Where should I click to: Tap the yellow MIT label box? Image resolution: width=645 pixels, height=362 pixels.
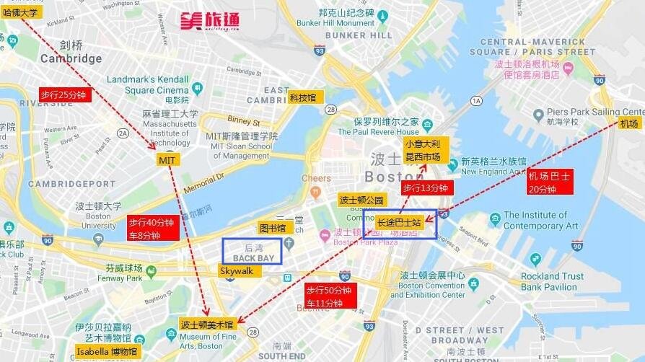pos(167,159)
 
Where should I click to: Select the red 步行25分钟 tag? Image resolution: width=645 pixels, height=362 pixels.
pos(65,94)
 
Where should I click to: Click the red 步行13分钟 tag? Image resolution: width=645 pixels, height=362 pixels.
pos(426,188)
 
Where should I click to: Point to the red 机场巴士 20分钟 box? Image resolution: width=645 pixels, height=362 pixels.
pos(549,182)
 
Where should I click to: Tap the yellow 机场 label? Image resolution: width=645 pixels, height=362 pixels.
pos(629,123)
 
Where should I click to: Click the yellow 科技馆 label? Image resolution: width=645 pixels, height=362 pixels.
pos(302,97)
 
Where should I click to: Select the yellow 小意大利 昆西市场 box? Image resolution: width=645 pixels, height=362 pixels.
pos(422,150)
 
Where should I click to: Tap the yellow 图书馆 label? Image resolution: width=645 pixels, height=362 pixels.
pos(272,228)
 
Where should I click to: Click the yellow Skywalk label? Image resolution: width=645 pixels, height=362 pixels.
pos(237,270)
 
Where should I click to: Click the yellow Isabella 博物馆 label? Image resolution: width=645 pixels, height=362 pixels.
pos(107,352)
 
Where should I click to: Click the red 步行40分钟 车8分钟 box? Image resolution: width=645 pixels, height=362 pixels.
pos(152,229)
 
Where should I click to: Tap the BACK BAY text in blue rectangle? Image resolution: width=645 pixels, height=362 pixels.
pos(253,257)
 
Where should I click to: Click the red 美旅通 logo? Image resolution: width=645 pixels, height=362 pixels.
pos(209,19)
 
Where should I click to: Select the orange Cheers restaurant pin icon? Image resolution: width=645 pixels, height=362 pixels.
pos(315,193)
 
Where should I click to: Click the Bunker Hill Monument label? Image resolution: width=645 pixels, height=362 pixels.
pos(335,23)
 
